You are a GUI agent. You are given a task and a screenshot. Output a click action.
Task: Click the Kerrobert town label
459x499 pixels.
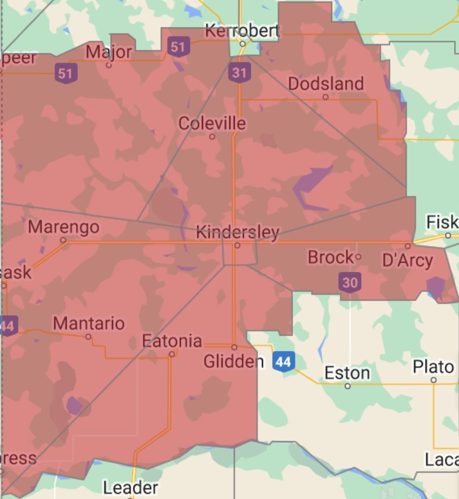[242, 31]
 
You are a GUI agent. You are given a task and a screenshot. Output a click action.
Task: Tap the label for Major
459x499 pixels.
[109, 52]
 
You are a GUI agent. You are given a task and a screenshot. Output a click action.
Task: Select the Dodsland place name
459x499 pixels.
[326, 84]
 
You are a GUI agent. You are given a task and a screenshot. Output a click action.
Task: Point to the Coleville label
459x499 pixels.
[212, 123]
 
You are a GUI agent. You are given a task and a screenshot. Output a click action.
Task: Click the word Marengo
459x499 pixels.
[63, 227]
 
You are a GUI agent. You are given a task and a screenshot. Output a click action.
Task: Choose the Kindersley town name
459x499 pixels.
[237, 233]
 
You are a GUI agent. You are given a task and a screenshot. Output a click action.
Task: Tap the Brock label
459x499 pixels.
[330, 258]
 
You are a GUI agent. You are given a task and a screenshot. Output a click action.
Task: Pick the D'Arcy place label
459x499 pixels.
[407, 261]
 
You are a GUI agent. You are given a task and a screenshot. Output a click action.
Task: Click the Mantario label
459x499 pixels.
[88, 323]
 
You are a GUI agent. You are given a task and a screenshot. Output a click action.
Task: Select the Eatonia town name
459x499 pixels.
[172, 341]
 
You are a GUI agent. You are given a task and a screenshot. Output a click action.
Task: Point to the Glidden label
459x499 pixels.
[233, 362]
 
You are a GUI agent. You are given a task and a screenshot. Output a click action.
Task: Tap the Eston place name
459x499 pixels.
[347, 373]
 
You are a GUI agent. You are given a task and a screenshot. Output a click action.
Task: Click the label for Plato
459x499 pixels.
[433, 366]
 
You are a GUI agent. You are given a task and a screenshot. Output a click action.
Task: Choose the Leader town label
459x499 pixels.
[130, 488]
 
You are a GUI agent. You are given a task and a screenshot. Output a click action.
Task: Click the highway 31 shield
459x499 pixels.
[239, 73]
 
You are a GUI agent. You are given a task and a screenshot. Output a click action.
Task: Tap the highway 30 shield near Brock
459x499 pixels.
[350, 282]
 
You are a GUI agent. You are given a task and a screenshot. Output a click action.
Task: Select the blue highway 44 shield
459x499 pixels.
[284, 362]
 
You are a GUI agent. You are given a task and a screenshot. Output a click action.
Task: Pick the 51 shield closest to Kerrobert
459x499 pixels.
[178, 47]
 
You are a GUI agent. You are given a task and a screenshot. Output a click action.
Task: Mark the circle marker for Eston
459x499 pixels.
[347, 386]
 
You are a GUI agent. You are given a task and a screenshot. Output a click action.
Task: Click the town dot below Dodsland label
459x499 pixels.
[326, 97]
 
